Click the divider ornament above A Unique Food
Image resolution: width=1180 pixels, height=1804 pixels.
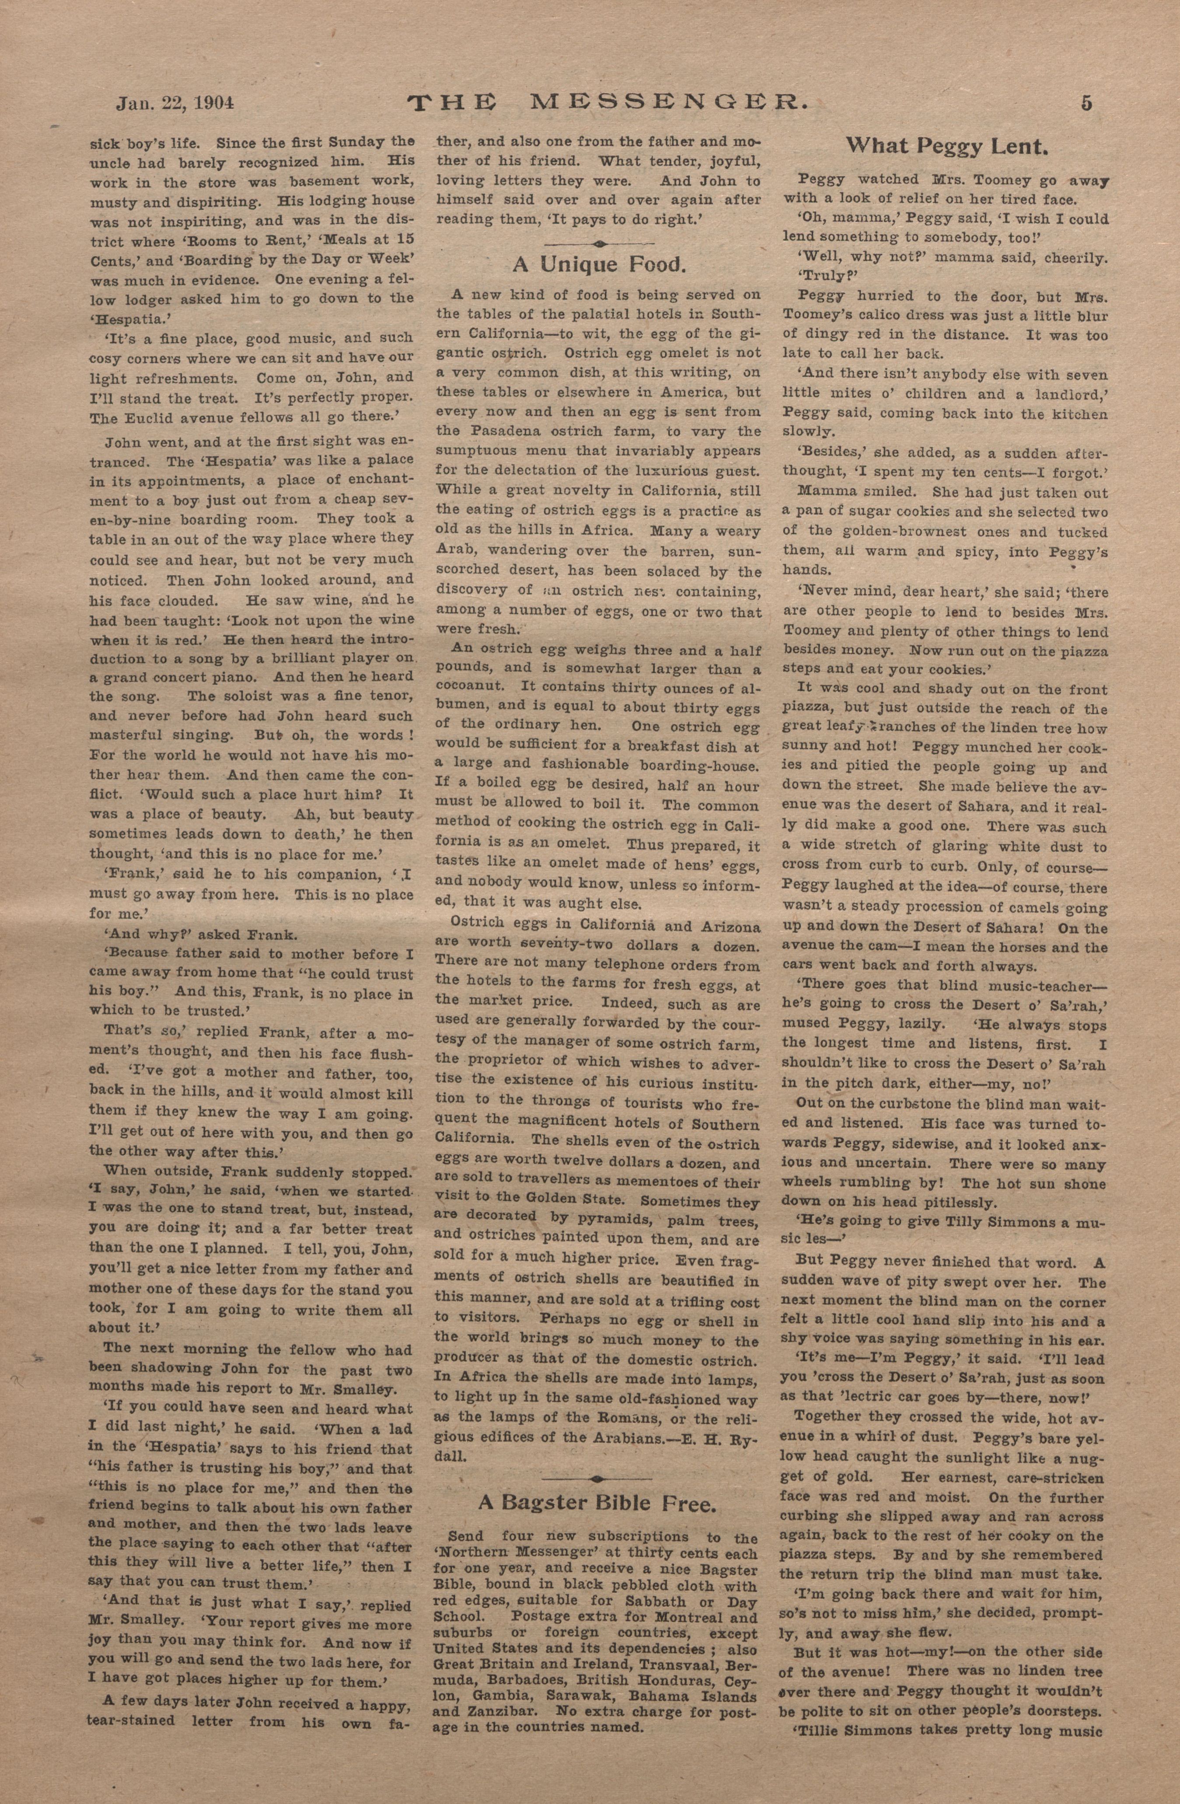coord(599,244)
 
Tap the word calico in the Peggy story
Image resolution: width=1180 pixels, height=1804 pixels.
coord(894,315)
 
